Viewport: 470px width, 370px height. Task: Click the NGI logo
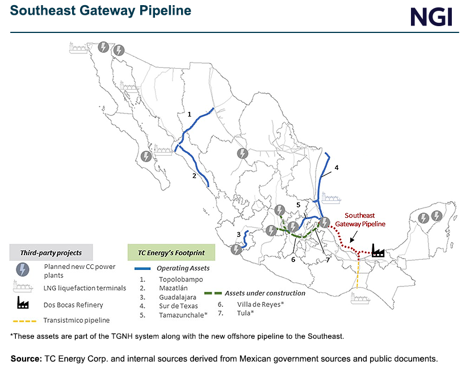[x=431, y=16]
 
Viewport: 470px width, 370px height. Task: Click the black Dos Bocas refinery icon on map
[x=377, y=251]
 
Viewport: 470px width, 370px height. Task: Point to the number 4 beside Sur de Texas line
[x=336, y=168]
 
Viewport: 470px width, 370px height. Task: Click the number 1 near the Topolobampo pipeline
[x=190, y=114]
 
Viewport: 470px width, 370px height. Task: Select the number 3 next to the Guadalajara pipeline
[x=238, y=234]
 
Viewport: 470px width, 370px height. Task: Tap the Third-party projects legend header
[x=51, y=252]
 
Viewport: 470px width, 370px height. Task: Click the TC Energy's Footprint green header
[x=170, y=252]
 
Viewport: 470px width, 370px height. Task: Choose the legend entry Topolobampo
[x=181, y=279]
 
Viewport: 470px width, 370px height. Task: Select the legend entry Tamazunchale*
[x=183, y=314]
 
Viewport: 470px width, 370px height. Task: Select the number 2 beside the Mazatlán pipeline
[x=194, y=176]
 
